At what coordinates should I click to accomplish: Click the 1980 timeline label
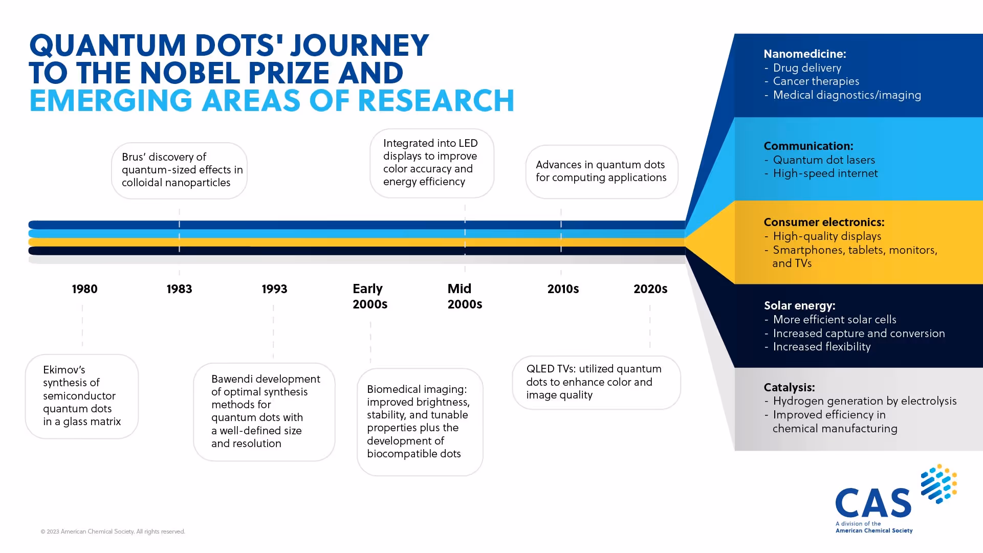[x=84, y=289]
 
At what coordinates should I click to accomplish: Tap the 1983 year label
[x=179, y=289]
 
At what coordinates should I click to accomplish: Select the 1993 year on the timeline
[x=274, y=289]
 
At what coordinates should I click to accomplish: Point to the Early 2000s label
[x=369, y=296]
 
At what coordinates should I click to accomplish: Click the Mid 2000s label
[x=465, y=296]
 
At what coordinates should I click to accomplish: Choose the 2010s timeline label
[x=563, y=289]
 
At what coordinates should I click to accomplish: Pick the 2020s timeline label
[x=650, y=289]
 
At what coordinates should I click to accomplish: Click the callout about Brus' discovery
[x=180, y=170]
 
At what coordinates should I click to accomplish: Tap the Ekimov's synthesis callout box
[x=82, y=396]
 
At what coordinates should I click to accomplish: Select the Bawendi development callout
[x=265, y=411]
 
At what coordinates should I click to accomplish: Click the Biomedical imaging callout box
[x=420, y=422]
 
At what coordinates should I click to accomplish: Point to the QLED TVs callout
[x=596, y=382]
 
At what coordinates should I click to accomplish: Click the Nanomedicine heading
[x=804, y=54]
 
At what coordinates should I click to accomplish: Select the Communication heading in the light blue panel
[x=808, y=146]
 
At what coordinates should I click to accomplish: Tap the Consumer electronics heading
[x=824, y=222]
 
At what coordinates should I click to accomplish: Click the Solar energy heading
[x=799, y=305]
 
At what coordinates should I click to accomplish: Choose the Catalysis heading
[x=789, y=387]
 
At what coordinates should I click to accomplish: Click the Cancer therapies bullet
[x=816, y=81]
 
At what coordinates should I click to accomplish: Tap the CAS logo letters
[x=873, y=503]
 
